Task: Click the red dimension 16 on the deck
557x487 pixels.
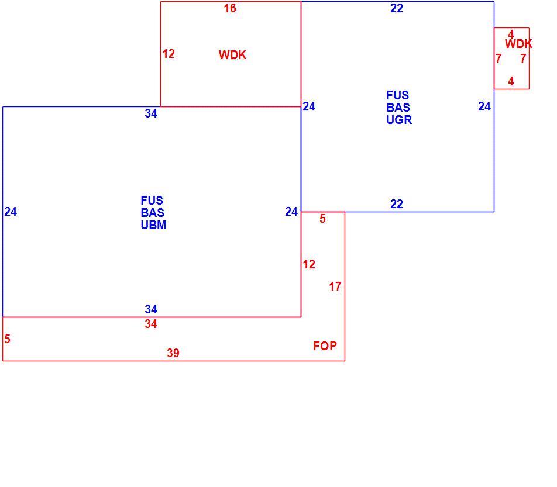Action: (x=230, y=8)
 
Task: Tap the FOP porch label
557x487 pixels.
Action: (x=325, y=346)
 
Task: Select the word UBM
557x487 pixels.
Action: (x=153, y=225)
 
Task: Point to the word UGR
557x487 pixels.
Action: (x=399, y=120)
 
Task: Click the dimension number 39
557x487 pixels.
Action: (x=173, y=353)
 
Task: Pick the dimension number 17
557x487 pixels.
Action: (x=335, y=286)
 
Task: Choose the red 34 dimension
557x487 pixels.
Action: (x=151, y=324)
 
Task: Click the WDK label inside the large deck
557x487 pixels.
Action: (x=232, y=55)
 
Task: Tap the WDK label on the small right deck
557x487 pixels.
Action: (x=518, y=44)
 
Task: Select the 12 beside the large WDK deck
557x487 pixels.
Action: (x=169, y=54)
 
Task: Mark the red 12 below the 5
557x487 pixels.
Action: (x=309, y=264)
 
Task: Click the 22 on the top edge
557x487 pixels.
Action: (x=397, y=8)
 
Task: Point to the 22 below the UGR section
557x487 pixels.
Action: (x=397, y=204)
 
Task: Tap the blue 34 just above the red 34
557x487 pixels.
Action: (x=151, y=309)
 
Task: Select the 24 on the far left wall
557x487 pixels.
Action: (x=11, y=212)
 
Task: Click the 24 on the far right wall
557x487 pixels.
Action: (x=484, y=106)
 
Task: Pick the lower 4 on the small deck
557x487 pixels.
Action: (x=511, y=81)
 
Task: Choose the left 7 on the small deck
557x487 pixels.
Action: (x=498, y=58)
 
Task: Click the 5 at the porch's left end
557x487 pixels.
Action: (x=7, y=339)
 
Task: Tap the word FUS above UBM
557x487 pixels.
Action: (x=152, y=201)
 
